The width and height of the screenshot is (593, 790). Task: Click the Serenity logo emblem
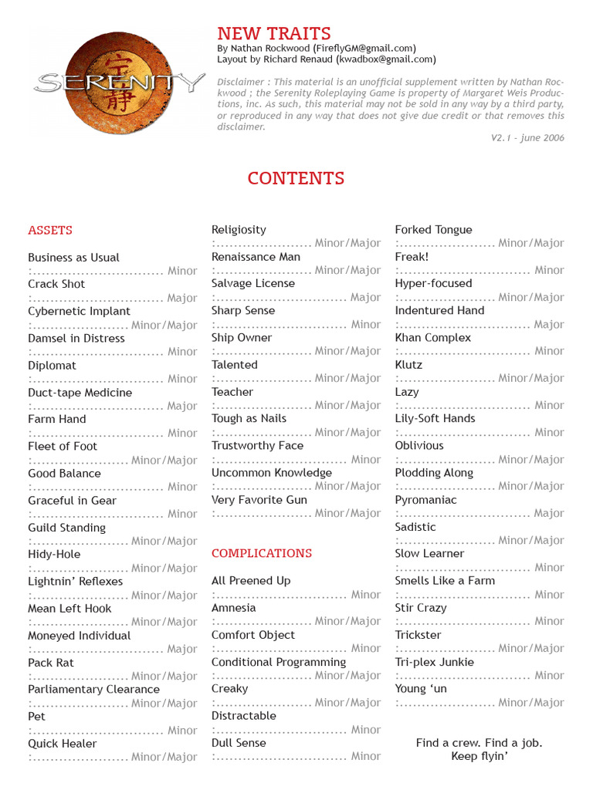pos(119,83)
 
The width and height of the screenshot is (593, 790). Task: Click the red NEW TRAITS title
pos(273,33)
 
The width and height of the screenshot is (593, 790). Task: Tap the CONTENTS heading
pos(296,178)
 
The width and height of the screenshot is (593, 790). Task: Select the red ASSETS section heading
pos(50,230)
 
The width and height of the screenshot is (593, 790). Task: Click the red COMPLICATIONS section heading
pos(262,553)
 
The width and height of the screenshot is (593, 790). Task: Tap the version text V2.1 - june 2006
pos(527,138)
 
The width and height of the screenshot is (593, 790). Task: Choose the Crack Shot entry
pos(56,284)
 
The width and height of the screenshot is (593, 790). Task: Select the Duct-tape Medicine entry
pos(80,393)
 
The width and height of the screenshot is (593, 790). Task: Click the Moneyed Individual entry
pos(80,636)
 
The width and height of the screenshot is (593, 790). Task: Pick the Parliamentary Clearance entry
pos(93,690)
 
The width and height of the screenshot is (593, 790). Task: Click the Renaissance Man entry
pos(256,257)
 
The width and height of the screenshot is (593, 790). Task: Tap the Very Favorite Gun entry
pos(259,500)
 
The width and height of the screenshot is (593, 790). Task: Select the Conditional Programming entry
pos(279,662)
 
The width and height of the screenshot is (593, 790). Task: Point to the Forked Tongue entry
pos(433,230)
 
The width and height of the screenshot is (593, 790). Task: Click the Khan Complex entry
pos(432,338)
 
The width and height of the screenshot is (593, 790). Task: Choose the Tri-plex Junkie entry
pos(434,662)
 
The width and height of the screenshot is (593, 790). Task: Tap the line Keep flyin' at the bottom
pos(479,756)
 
